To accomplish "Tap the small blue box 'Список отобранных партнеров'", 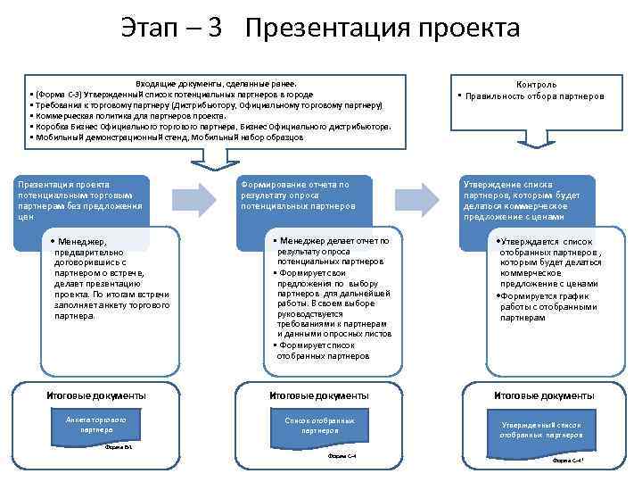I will coord(319,425).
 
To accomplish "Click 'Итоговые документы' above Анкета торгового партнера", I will coord(96,395).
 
